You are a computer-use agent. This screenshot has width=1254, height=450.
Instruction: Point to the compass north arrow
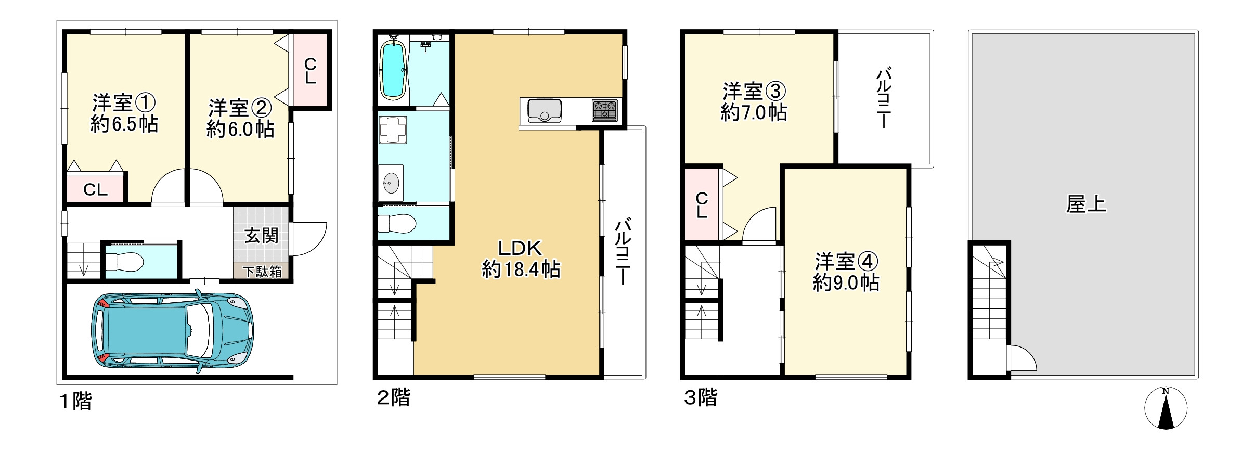point(1166,409)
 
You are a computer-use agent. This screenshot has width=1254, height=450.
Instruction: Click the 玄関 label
point(262,236)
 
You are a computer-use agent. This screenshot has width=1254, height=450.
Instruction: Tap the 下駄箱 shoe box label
point(263,272)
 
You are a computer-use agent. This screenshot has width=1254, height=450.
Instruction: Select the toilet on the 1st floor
point(124,262)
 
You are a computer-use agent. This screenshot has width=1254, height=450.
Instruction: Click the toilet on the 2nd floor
point(397,224)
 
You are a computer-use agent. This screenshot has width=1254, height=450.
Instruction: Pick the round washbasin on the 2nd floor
point(391,182)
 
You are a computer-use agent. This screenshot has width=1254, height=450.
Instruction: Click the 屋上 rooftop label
point(1086,204)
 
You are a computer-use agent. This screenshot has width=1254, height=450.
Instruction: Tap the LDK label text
point(520,248)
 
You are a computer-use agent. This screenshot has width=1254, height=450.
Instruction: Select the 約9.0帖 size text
point(846,282)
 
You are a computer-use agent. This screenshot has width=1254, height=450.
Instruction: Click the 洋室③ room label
point(754,92)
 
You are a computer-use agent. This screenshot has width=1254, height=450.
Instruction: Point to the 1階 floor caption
point(76,401)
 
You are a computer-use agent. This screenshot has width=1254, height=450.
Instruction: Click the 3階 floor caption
point(700,398)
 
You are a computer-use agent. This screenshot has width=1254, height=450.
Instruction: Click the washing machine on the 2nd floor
point(393,130)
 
